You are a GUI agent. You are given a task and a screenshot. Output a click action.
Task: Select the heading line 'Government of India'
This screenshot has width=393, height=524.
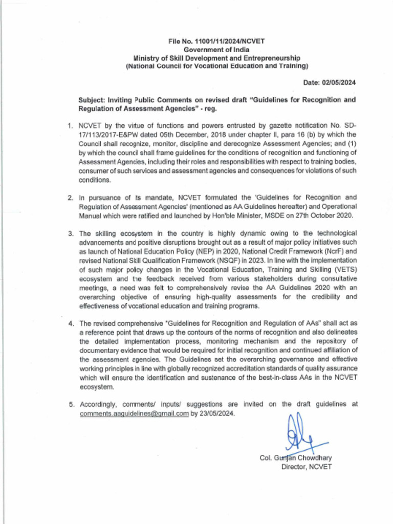click(216, 50)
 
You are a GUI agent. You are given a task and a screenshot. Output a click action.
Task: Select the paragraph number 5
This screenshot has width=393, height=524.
click(71, 405)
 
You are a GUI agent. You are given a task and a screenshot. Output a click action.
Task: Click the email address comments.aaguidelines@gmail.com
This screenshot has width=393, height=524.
click(134, 413)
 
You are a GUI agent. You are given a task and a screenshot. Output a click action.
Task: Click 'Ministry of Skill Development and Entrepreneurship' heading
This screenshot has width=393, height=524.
click(216, 58)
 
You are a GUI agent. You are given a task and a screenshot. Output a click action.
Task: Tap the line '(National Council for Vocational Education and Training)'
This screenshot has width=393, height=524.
click(216, 67)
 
